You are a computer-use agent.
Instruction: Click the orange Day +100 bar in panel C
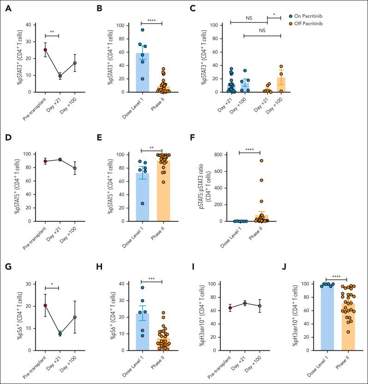[x=281, y=85]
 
